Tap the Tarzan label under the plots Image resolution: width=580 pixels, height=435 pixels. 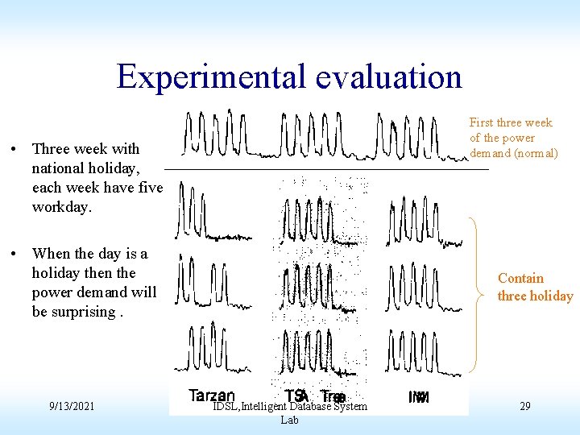click(212, 396)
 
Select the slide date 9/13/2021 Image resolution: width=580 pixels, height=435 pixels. click(72, 406)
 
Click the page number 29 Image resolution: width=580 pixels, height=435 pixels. click(524, 406)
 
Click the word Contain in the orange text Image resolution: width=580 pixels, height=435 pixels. click(520, 278)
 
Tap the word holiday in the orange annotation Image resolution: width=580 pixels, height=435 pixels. click(551, 296)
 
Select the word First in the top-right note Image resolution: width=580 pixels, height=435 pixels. click(482, 122)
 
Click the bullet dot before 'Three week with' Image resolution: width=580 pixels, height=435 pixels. click(15, 149)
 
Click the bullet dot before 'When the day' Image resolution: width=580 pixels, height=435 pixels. click(15, 254)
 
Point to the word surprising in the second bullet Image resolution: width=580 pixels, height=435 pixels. click(74, 312)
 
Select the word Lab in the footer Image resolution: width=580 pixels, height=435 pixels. click(290, 420)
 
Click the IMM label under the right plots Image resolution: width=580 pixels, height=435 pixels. click(419, 396)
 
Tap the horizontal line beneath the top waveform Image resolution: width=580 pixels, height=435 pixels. click(326, 169)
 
